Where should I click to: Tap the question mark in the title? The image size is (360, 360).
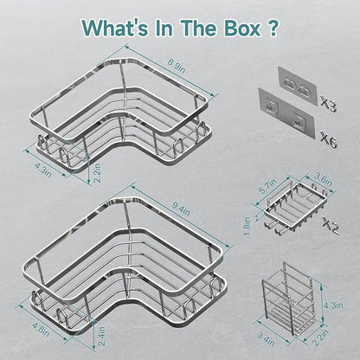[x=273, y=28]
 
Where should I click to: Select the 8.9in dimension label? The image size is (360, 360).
[x=177, y=67]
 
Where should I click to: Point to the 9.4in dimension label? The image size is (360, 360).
[x=181, y=209]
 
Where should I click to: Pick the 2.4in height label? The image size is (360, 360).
[x=102, y=336]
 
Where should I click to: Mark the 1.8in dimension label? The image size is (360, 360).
[x=247, y=225]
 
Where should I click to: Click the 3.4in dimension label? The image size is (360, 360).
[x=266, y=338]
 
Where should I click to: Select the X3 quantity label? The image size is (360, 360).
[x=328, y=105]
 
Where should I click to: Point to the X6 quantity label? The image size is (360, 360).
[x=328, y=139]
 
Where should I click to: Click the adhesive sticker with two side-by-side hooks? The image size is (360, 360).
[x=298, y=87]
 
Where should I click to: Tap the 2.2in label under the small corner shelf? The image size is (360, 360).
[x=98, y=172]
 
